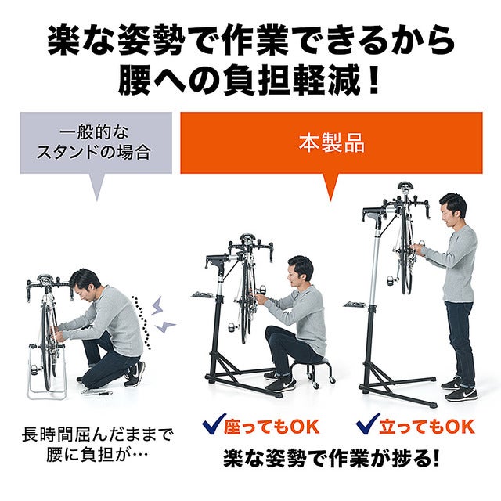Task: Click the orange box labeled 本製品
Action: click(331, 144)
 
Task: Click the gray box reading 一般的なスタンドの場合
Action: click(96, 142)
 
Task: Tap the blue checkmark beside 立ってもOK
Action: click(367, 427)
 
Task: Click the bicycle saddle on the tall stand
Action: click(405, 187)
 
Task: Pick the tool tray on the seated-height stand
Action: click(204, 295)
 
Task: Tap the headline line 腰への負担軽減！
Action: click(250, 79)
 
